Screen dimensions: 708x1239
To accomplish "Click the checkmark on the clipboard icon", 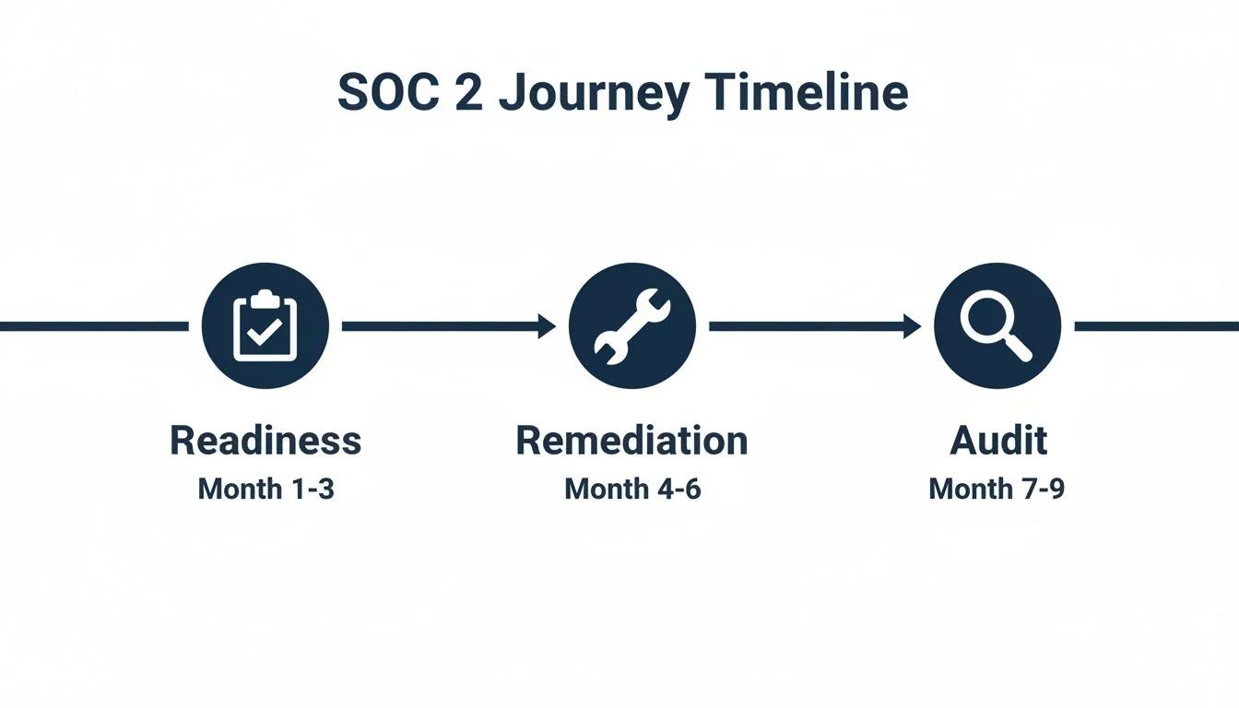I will point(265,333).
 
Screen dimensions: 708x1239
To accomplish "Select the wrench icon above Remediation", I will point(632,325).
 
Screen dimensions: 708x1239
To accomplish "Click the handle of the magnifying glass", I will point(1018,347).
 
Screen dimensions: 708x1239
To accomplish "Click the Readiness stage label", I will point(265,441).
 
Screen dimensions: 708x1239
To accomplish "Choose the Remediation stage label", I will point(631,441).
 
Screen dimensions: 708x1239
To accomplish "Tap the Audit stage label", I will point(998,441).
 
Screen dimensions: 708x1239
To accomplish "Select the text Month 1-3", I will point(265,489).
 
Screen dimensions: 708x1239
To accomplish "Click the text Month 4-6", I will point(632,489).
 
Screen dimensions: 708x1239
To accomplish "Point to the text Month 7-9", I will point(997,489).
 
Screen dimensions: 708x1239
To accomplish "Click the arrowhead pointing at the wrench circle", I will point(547,325).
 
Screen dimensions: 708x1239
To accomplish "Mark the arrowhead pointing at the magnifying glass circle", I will point(912,325).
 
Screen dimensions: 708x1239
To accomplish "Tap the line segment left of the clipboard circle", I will point(92,325).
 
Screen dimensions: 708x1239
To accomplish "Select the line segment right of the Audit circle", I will point(1156,325).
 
